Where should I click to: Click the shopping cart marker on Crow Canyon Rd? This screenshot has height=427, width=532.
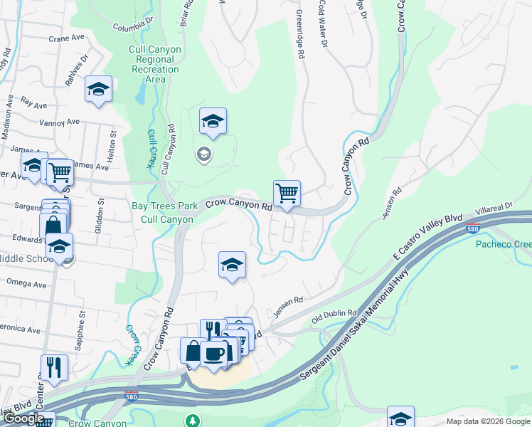287,194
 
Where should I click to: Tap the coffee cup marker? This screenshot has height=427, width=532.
213,354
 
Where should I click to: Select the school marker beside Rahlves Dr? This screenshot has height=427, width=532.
98,90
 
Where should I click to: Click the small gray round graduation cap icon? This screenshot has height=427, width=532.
204,154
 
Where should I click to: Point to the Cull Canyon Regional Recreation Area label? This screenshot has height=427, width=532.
154,64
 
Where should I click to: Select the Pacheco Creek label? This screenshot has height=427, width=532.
503,244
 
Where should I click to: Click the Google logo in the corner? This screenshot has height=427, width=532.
23,418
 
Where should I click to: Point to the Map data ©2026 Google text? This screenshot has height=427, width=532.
487,421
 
